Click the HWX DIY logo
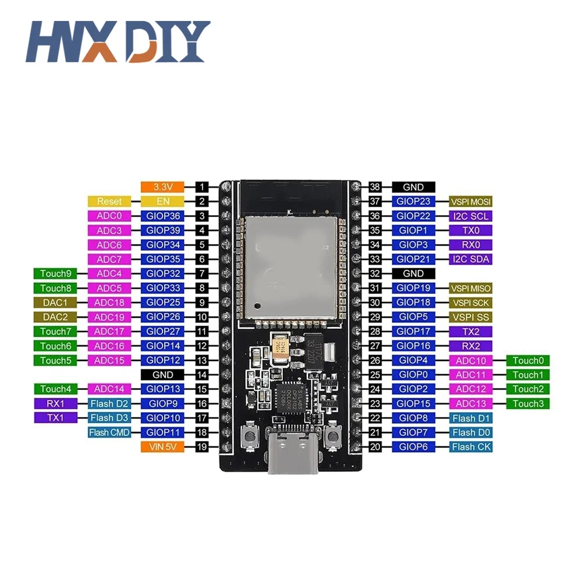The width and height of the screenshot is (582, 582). [117, 42]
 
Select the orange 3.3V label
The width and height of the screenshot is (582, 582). [162, 187]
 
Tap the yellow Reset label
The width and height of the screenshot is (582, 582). [109, 201]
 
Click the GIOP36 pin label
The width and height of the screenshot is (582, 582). [162, 216]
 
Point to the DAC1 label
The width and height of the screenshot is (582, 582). [55, 303]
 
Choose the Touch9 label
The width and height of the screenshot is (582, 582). [55, 274]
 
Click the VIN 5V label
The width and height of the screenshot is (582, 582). [162, 447]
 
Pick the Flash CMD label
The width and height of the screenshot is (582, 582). [109, 432]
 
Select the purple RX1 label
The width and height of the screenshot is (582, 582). [55, 403]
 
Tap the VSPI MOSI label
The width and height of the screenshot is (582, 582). [471, 201]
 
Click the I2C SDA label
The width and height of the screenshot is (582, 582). [471, 259]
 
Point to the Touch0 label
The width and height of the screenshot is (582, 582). [528, 361]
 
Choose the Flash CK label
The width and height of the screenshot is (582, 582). [471, 447]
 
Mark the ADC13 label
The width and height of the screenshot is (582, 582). [471, 404]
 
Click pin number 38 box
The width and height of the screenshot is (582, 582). [375, 187]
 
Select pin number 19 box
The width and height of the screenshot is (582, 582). [201, 447]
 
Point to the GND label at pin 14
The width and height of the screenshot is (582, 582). [162, 375]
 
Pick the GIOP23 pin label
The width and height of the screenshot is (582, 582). [413, 201]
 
